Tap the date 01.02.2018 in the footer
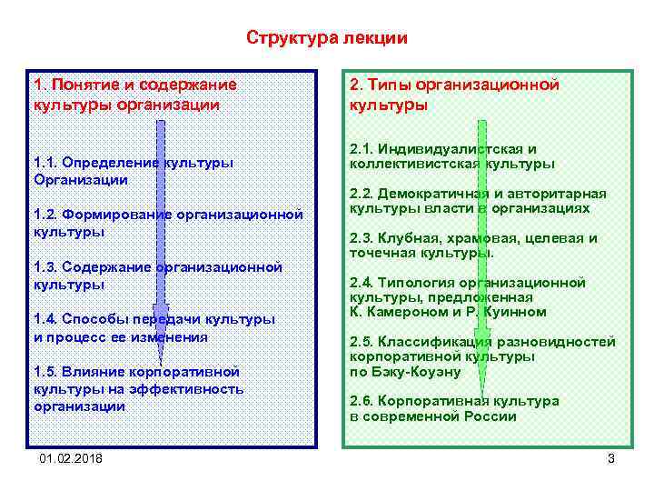[71, 458]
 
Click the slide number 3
[610, 458]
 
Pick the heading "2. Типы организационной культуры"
[453, 95]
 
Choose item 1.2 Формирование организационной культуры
[167, 223]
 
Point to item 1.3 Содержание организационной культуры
[158, 276]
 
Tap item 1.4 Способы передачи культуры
[154, 327]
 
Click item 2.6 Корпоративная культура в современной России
[454, 408]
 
